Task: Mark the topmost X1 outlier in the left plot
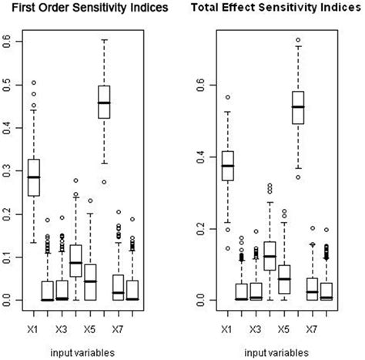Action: click(x=33, y=82)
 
